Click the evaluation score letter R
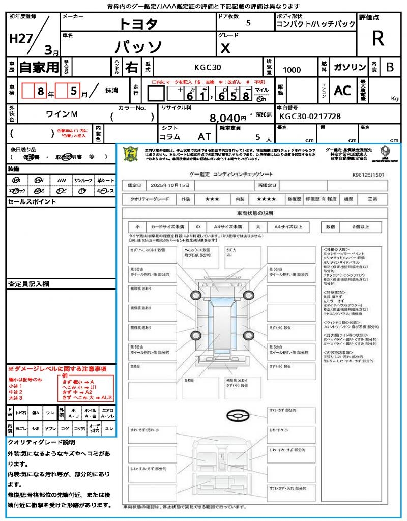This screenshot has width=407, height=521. coord(378,39)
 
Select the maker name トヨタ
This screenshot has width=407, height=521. coord(138,24)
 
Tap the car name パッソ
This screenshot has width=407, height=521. coord(138,47)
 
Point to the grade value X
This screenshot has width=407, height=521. coord(225,48)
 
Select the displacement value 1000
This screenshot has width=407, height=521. coord(292,70)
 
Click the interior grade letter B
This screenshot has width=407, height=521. coord(390,67)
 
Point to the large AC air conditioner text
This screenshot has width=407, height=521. coord(342,91)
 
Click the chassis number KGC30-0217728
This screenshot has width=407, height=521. coord(310,117)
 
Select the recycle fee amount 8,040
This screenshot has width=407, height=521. coord(224,118)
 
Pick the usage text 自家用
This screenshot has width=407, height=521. coord(39,67)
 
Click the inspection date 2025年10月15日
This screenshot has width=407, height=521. coord(172,185)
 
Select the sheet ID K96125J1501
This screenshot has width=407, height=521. coord(368,174)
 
